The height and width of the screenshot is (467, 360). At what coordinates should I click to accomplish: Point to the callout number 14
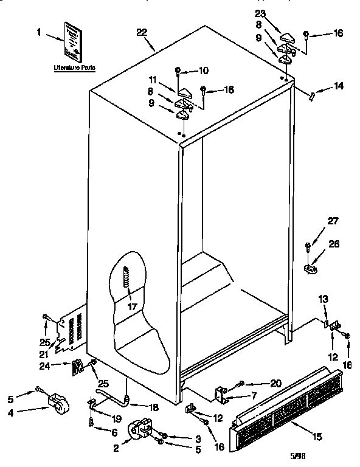[x=338, y=87]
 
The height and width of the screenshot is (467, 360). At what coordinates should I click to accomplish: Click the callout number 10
[x=203, y=71]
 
